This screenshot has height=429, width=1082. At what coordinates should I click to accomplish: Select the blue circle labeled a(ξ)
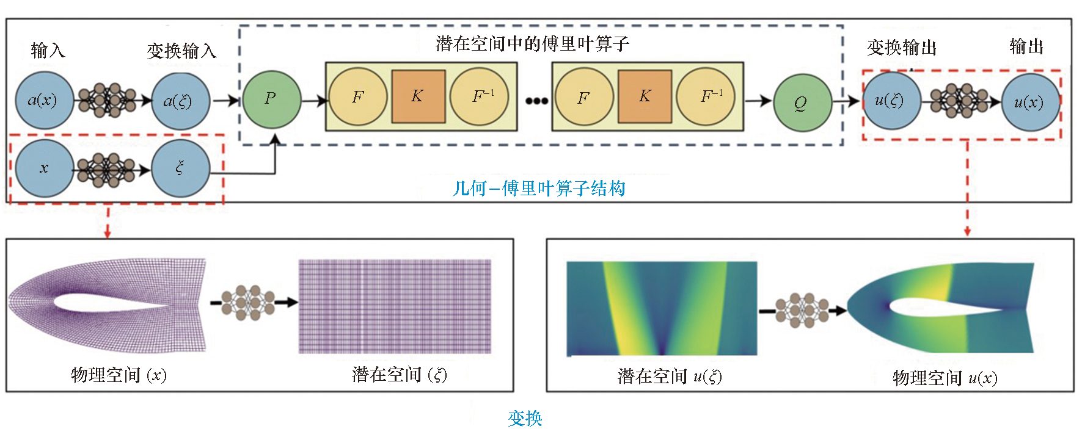[x=180, y=101]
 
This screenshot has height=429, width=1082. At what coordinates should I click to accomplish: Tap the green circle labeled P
[x=271, y=99]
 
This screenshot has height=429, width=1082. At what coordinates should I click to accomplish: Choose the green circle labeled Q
[x=802, y=103]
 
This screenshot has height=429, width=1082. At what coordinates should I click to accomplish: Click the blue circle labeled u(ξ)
[x=891, y=101]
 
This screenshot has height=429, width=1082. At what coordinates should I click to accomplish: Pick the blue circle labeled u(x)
[x=1031, y=103]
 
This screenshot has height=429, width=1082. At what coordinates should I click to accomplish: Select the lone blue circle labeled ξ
[x=180, y=168]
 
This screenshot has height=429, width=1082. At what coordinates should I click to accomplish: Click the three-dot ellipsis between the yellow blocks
[x=536, y=101]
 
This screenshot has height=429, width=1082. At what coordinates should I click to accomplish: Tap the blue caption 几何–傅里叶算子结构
[x=539, y=189]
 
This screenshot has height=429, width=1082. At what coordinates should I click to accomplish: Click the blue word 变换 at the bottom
[x=525, y=418]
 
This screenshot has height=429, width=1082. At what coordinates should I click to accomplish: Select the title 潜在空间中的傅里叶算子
[x=532, y=44]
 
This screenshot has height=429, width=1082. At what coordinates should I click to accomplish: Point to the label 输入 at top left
[x=48, y=50]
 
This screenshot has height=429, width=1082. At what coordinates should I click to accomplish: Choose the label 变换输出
[x=901, y=47]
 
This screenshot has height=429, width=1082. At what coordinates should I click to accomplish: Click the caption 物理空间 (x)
[x=119, y=375]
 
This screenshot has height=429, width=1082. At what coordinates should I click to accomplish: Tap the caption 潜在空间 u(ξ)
[x=670, y=377]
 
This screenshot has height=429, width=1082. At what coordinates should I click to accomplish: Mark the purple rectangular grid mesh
[x=395, y=306]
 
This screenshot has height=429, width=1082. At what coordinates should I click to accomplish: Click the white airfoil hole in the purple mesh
[x=110, y=303]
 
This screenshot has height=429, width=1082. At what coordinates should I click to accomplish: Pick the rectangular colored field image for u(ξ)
[x=662, y=308]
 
